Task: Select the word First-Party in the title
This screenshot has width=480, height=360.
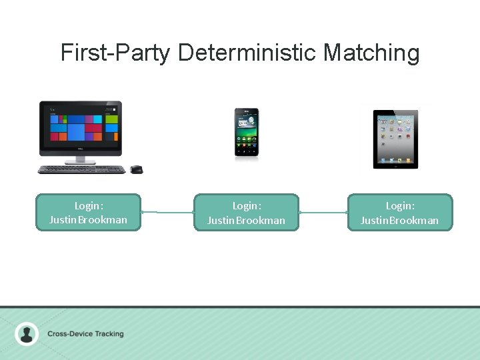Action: pos(115,52)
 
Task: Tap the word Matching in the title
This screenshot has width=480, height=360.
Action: pos(371,52)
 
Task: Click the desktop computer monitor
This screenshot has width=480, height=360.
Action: pos(81,124)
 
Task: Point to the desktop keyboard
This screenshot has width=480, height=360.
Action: pos(82,169)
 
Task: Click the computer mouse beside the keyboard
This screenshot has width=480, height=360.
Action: pos(136,169)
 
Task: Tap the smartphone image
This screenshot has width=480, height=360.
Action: pos(246,133)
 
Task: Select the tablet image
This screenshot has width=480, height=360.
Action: pos(395,139)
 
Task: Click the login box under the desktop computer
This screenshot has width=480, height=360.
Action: pos(88,213)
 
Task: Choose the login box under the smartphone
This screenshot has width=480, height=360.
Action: pos(246,213)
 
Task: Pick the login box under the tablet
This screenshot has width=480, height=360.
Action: pos(400,213)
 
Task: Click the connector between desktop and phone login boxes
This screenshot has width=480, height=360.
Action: pos(167,213)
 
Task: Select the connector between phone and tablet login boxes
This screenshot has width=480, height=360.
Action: pos(323,213)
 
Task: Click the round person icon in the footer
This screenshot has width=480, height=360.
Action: pos(27,333)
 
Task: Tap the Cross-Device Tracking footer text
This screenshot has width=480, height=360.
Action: pos(85,333)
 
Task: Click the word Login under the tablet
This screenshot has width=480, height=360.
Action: pos(400,206)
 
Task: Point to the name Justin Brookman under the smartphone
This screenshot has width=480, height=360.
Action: pos(246,220)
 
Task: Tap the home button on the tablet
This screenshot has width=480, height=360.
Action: pos(395,165)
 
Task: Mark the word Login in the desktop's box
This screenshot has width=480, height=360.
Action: pos(88,206)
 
